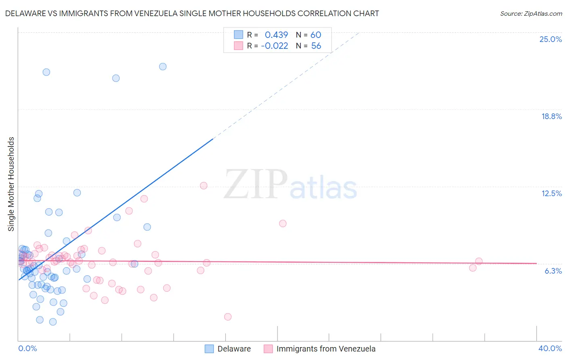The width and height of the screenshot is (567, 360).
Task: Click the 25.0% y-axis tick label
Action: tap(550, 39)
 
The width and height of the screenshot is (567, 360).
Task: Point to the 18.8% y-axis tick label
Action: tap(551, 116)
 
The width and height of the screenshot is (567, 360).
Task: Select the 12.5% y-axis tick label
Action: tap(551, 193)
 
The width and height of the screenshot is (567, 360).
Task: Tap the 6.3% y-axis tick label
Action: tap(553, 271)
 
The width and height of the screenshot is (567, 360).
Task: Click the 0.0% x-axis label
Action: tap(27, 348)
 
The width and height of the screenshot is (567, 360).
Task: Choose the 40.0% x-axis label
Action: tap(550, 348)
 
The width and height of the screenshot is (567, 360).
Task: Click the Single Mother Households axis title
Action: tap(11, 184)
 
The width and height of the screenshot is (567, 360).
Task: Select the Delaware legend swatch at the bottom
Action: tap(209, 349)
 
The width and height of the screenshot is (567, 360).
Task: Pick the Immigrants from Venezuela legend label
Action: tap(326, 349)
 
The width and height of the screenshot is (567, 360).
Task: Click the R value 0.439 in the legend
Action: tap(276, 35)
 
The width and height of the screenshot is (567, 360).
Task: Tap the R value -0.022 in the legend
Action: tap(275, 46)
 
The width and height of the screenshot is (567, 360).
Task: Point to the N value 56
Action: tap(316, 46)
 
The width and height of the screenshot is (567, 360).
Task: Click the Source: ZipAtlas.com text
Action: tap(531, 14)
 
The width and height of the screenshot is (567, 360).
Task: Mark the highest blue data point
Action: tap(163, 67)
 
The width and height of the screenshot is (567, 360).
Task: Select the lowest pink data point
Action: tap(228, 317)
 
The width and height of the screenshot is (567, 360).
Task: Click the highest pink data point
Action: tap(204, 186)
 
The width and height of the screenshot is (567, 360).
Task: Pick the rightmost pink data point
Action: tap(479, 261)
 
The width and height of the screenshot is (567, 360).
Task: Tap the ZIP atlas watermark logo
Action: tap(290, 184)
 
